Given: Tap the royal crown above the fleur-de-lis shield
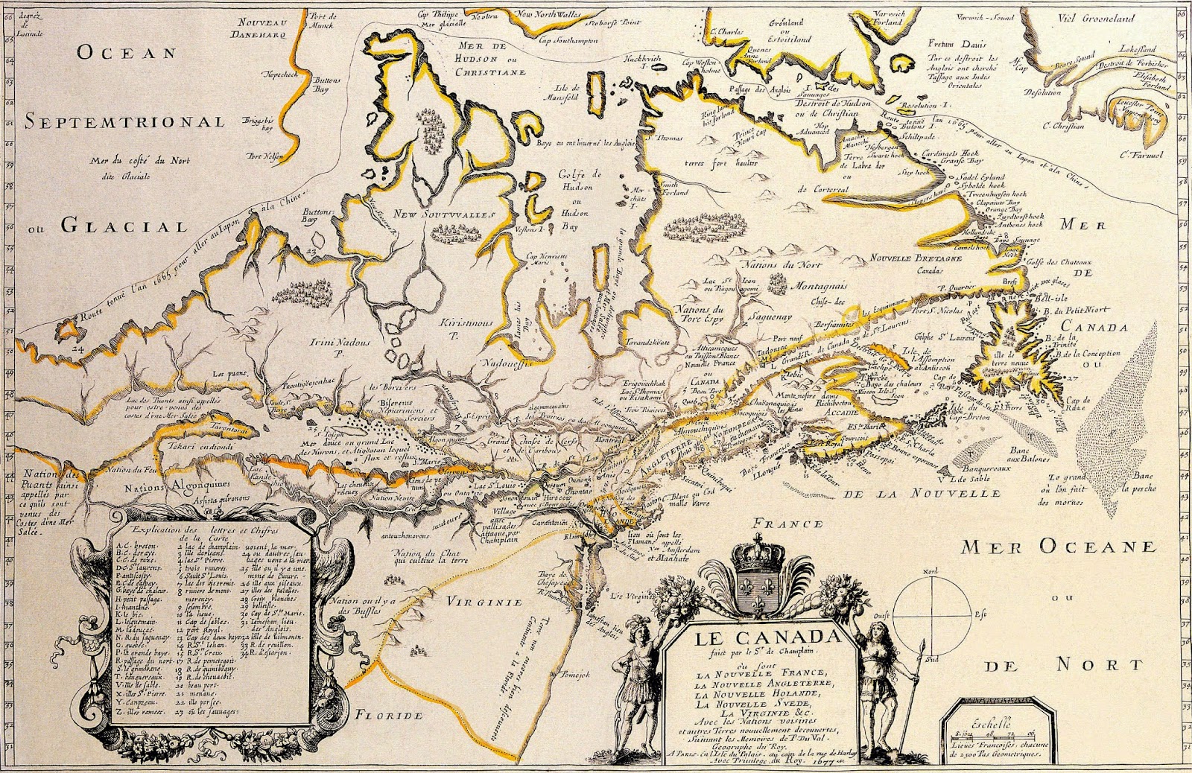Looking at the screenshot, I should (x=755, y=558).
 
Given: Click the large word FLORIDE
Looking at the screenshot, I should (x=388, y=715).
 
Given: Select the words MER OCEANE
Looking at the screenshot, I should (x=1059, y=547).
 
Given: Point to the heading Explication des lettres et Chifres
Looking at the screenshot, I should (x=206, y=530).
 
